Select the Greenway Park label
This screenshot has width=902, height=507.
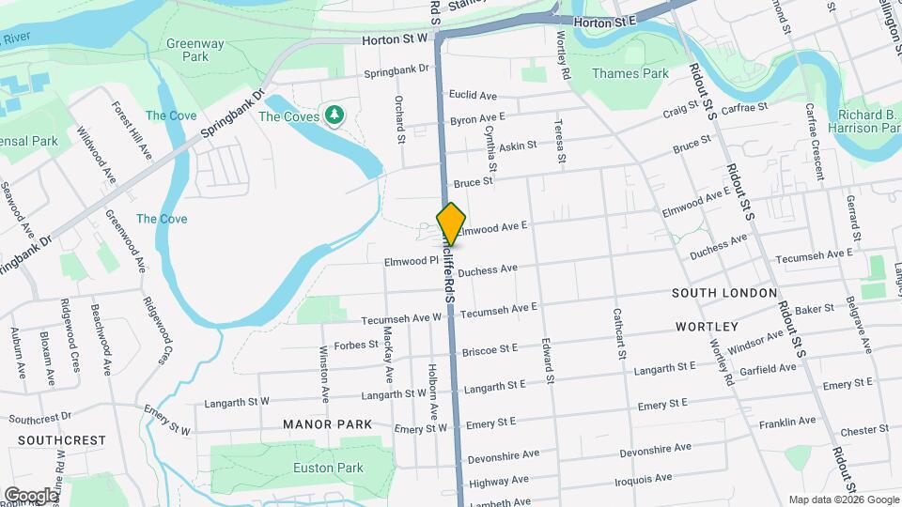(x=194, y=50)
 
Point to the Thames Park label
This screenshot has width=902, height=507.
(x=630, y=73)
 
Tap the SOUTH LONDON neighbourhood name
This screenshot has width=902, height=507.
(x=724, y=293)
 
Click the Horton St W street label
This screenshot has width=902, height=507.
(x=395, y=38)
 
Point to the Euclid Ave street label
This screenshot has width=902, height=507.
(x=474, y=95)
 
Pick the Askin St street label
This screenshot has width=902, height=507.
(x=518, y=146)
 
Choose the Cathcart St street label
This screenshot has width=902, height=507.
(x=619, y=334)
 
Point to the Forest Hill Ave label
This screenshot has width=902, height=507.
(x=132, y=131)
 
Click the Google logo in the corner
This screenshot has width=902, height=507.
(x=30, y=496)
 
